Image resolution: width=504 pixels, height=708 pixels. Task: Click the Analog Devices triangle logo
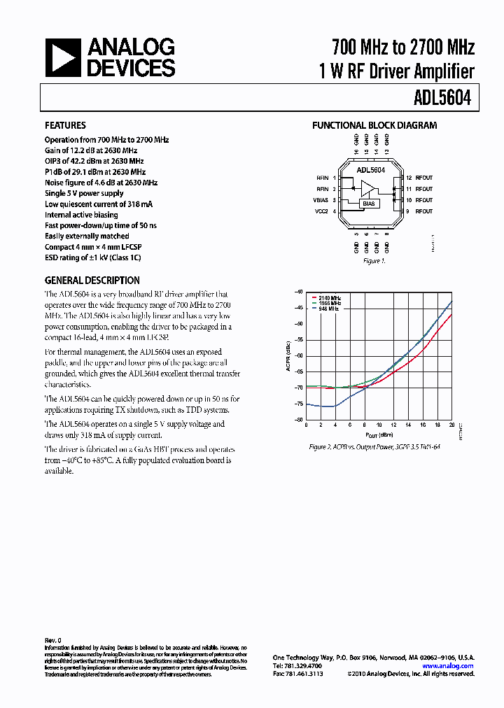click(63, 57)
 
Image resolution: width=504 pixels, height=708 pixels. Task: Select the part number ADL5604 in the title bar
click(443, 99)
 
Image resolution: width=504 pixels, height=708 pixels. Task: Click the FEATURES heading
click(66, 126)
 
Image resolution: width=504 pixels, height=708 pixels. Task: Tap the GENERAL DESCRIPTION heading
click(92, 281)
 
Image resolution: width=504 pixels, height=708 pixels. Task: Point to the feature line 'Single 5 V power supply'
click(84, 193)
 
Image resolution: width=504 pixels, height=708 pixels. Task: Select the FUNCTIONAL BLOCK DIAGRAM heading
click(374, 126)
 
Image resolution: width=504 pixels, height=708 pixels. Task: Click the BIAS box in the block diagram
click(369, 204)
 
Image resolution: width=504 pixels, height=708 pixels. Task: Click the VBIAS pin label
click(321, 200)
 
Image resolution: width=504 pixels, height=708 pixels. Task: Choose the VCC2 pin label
click(321, 211)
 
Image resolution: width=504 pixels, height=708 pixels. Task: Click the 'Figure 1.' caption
click(374, 261)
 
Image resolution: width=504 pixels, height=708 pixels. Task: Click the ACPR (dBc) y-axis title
click(288, 355)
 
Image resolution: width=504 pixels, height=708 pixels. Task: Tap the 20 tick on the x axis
click(451, 425)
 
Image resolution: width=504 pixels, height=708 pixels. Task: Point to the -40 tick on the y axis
click(298, 292)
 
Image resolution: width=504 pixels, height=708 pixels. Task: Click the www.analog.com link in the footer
click(448, 666)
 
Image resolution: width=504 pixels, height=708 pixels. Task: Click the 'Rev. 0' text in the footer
click(53, 640)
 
